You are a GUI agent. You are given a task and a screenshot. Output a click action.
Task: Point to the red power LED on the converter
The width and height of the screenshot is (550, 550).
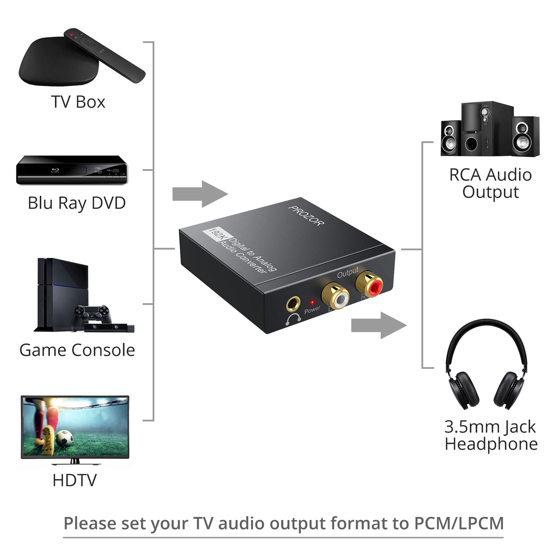pyautogui.click(x=312, y=302)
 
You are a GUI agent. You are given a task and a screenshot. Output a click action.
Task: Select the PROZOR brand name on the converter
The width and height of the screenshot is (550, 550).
pyautogui.click(x=306, y=216)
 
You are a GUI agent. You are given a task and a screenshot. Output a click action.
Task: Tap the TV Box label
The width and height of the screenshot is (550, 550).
pyautogui.click(x=78, y=102)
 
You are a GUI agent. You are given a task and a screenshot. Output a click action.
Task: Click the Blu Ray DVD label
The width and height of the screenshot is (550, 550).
pyautogui.click(x=77, y=203)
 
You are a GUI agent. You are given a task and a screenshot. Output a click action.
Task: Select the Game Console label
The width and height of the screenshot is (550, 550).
pyautogui.click(x=77, y=350)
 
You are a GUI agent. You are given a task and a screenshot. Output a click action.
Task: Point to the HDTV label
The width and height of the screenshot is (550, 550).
pyautogui.click(x=75, y=480)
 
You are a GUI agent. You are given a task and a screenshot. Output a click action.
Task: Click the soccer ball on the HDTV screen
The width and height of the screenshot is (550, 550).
pyautogui.click(x=64, y=438)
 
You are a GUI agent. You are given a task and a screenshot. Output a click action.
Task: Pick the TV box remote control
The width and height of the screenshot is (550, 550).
pyautogui.click(x=105, y=55)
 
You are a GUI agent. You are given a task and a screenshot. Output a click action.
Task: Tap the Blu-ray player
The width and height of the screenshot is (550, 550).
pyautogui.click(x=72, y=170)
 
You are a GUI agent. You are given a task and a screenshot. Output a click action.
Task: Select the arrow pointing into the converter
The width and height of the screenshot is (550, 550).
pyautogui.click(x=200, y=194)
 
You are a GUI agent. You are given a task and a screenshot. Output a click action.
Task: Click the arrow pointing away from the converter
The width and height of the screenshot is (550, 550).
pyautogui.click(x=379, y=326)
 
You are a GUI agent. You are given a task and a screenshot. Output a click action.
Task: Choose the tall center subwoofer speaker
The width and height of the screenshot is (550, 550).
pyautogui.click(x=487, y=128)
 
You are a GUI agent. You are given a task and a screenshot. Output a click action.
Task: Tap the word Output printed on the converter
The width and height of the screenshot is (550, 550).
pyautogui.click(x=348, y=273)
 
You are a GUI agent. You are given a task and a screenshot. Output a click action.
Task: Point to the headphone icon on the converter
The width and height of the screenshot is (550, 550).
pyautogui.click(x=293, y=319)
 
